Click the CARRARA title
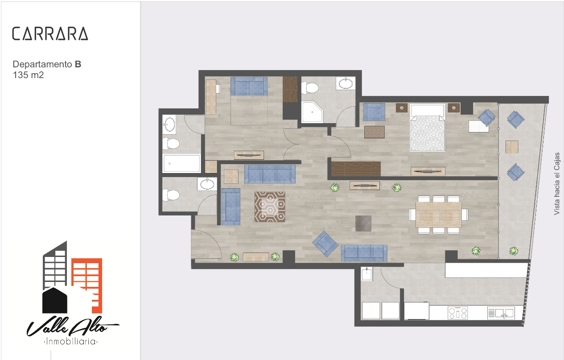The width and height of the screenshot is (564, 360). (x=50, y=34)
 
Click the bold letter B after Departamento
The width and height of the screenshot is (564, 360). (x=78, y=64)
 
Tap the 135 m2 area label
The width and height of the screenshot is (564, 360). (x=28, y=75)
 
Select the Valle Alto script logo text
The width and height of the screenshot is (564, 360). (x=73, y=327)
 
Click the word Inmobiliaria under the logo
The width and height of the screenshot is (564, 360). (x=71, y=342)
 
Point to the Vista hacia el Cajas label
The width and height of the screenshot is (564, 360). (x=557, y=184)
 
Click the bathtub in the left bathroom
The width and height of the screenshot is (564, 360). (x=181, y=163)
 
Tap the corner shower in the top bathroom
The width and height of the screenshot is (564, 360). (x=312, y=112)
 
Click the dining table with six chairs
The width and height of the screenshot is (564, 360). (x=439, y=215)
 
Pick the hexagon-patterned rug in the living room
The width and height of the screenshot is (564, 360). (x=270, y=207)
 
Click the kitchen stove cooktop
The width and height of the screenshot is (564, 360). (x=458, y=313)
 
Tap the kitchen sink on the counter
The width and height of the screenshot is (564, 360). (x=501, y=313)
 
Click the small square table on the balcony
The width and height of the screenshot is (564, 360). (x=512, y=147)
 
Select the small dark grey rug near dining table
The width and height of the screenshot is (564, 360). (x=363, y=223)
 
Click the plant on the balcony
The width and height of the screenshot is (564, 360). (x=513, y=251)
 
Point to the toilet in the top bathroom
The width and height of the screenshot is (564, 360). (x=310, y=88)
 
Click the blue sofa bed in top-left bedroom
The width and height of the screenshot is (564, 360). (x=249, y=87)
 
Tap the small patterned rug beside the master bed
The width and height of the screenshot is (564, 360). (x=375, y=132)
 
